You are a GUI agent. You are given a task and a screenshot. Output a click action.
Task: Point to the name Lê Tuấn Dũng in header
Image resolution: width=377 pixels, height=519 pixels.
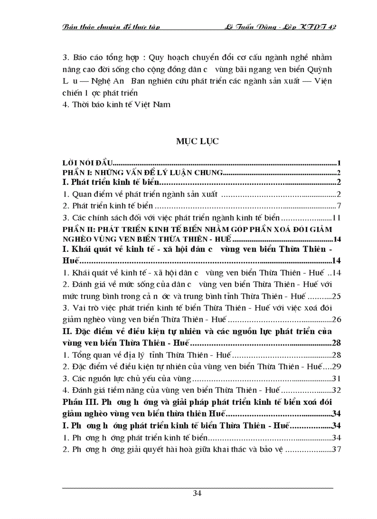click(249, 27)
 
